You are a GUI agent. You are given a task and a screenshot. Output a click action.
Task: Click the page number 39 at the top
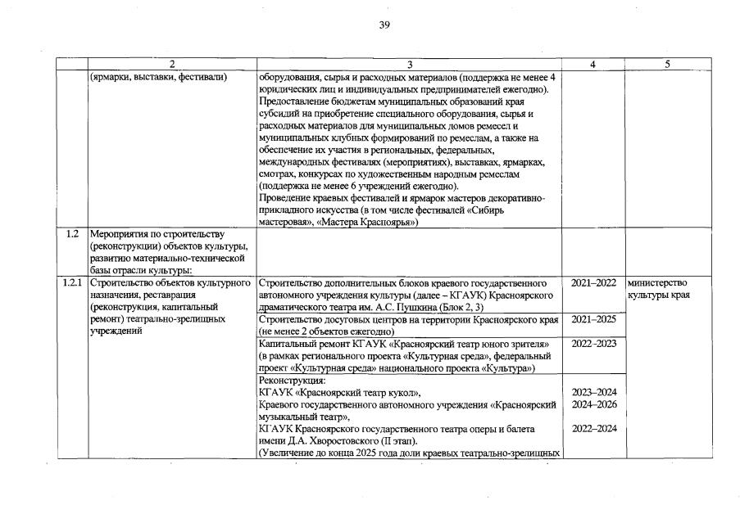click(384, 25)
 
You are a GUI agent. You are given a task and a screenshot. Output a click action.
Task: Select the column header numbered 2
click(172, 65)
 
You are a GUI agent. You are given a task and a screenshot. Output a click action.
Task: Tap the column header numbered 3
click(409, 65)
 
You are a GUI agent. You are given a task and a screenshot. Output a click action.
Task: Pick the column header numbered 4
click(592, 65)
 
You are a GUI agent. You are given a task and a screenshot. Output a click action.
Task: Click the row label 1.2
click(72, 233)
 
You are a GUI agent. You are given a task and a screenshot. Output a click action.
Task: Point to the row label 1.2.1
click(72, 282)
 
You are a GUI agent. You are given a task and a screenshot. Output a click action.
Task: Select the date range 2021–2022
click(593, 282)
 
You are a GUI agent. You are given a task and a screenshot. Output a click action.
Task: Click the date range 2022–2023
click(593, 343)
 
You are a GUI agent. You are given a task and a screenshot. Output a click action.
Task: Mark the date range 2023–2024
click(593, 392)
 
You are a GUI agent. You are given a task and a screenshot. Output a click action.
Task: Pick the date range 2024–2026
click(593, 404)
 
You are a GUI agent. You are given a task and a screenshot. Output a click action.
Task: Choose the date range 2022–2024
click(593, 429)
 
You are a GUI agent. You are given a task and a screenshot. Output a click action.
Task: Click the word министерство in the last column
click(656, 282)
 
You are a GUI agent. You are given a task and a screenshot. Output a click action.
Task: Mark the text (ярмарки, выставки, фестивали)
click(158, 77)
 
